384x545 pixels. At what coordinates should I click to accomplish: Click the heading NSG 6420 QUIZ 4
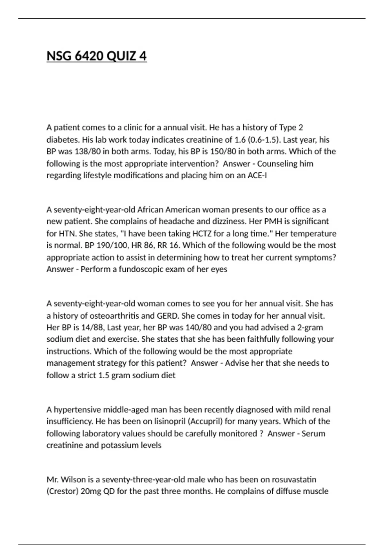point(97,56)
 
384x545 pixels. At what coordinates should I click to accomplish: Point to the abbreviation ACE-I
point(257,176)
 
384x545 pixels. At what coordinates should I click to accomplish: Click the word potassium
point(120,445)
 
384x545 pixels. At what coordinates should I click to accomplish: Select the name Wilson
point(73,480)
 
